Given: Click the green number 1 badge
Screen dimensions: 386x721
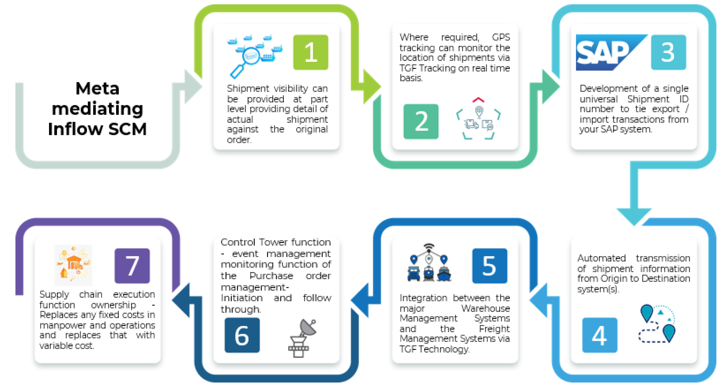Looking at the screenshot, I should tap(310, 52).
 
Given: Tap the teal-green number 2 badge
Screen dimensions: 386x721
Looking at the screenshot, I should tap(421, 121).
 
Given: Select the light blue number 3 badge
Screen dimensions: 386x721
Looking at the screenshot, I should tap(668, 52).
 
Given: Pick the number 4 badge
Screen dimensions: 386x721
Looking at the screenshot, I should tap(600, 335).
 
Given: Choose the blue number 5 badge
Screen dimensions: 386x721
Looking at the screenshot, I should tap(489, 265).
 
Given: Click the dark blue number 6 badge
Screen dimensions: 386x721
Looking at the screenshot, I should tap(242, 335).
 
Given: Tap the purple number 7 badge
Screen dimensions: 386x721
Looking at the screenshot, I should tap(132, 265).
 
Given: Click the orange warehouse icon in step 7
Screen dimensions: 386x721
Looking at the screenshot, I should tap(73, 265).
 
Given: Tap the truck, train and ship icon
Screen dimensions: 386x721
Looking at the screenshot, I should tap(429, 263).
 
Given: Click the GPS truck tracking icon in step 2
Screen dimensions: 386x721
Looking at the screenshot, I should tap(478, 119).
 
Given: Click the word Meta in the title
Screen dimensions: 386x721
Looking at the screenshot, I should tap(97, 89).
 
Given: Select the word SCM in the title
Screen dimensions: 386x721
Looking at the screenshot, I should tap(127, 129).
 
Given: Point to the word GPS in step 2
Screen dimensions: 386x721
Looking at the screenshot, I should tap(501, 37).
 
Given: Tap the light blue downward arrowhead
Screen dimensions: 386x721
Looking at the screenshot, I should tap(634, 216).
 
